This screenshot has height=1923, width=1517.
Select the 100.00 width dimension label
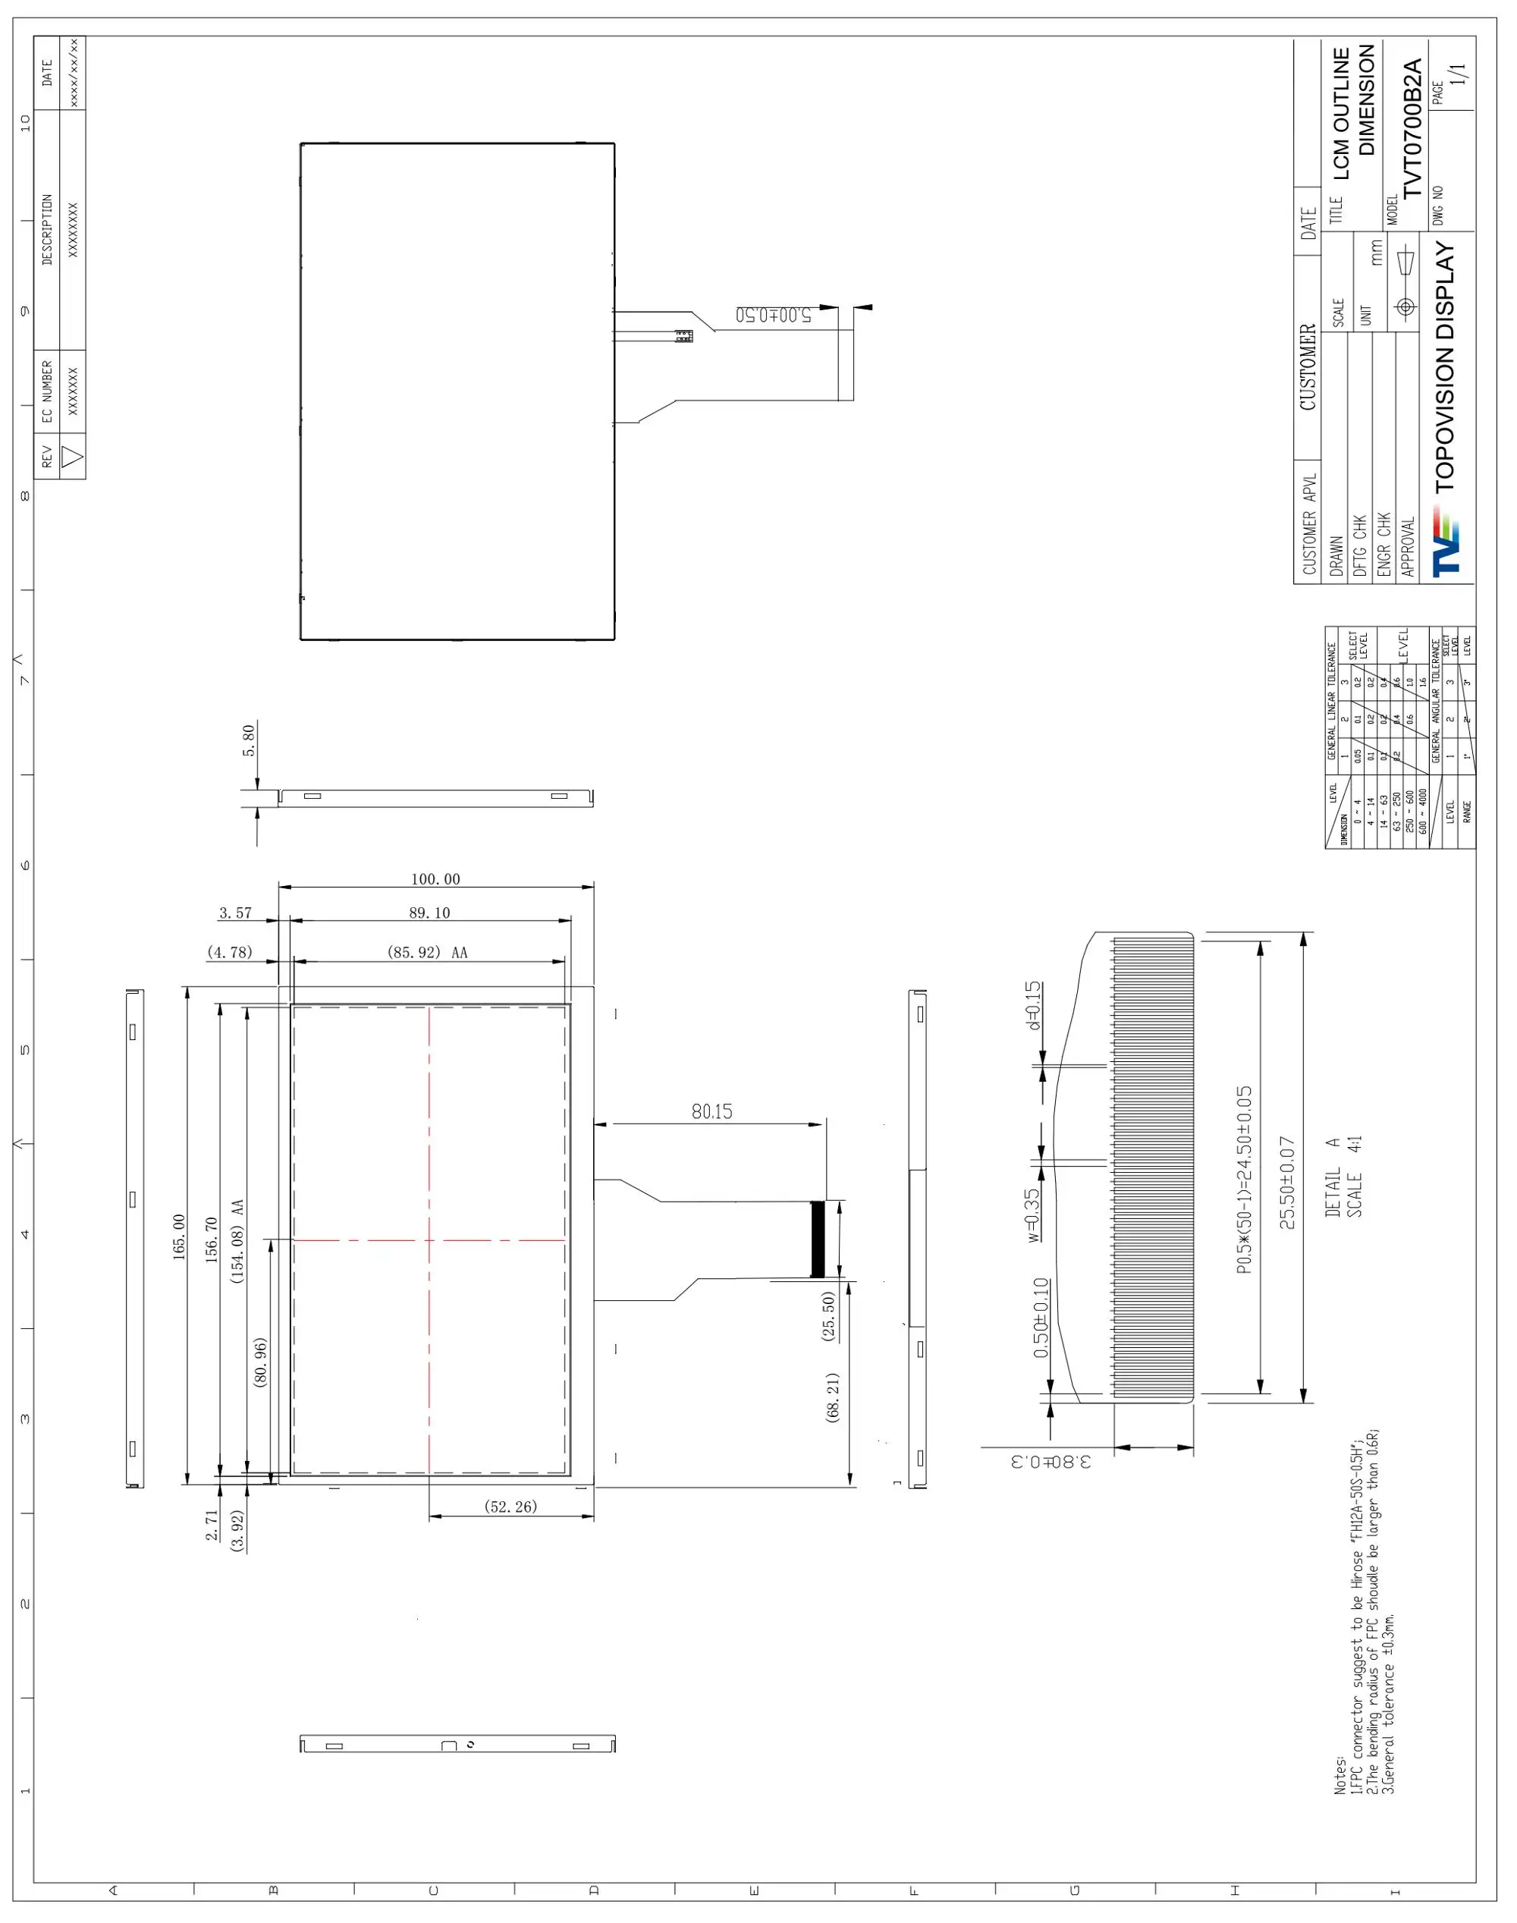coord(435,879)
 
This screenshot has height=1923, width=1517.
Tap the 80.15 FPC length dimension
coord(711,1111)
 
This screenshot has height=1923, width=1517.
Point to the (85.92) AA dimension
coord(427,952)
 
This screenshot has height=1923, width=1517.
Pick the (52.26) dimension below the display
coord(510,1507)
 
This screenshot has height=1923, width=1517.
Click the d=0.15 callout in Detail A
coord(1032,1004)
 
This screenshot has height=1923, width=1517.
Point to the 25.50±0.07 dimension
coord(1288,1182)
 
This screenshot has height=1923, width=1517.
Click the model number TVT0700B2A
coord(1412,128)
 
